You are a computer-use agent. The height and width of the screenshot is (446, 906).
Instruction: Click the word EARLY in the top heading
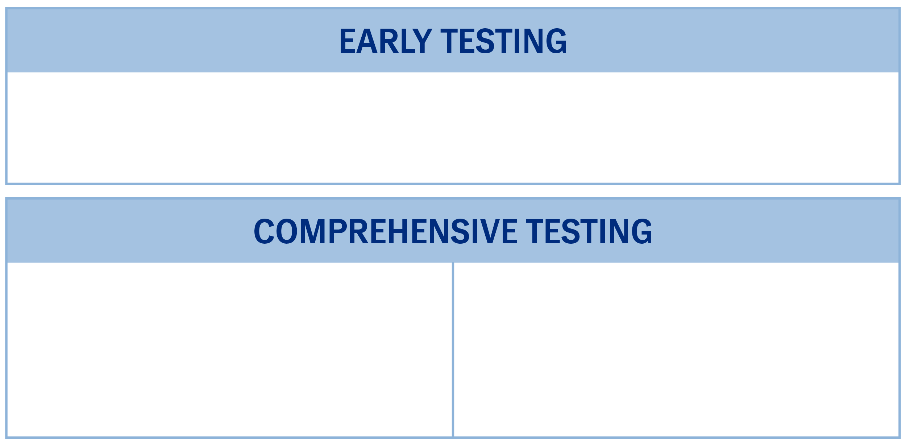coord(386,41)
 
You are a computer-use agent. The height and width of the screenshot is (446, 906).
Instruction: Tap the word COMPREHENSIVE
coord(385,231)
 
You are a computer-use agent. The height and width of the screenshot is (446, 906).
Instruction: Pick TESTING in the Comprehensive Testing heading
coord(589,231)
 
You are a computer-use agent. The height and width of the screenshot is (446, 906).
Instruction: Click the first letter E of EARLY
coord(348,41)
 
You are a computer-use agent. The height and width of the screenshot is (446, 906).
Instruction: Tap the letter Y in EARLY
coord(422,41)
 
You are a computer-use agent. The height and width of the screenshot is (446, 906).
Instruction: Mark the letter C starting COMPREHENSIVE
coord(264,231)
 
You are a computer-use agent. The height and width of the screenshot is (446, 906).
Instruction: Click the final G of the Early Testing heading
coord(556,41)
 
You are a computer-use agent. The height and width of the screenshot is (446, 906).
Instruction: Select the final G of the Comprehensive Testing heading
coord(642,231)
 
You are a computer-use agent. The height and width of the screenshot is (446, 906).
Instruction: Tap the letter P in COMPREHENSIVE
coord(337,231)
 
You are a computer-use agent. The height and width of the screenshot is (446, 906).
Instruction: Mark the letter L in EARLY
coord(408,41)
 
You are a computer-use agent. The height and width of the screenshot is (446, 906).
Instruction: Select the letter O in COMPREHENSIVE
coord(287,231)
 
